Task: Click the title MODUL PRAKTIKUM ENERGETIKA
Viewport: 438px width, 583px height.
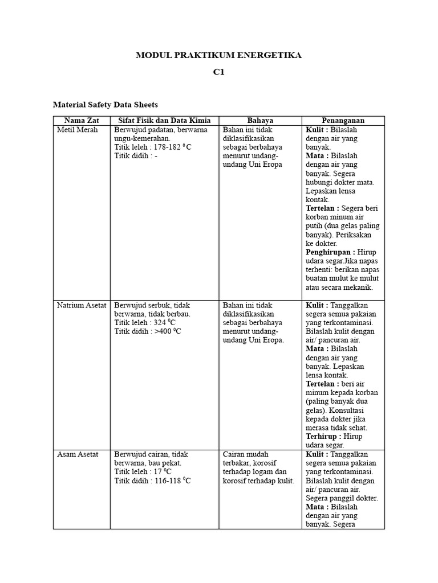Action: click(218, 55)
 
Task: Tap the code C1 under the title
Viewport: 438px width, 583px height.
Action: click(219, 73)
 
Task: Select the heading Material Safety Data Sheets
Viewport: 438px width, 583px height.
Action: click(105, 105)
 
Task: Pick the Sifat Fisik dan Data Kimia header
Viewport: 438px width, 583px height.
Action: click(164, 121)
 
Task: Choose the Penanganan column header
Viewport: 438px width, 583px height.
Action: click(343, 121)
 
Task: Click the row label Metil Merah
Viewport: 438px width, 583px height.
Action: click(78, 130)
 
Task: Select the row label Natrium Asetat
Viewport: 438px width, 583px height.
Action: click(82, 305)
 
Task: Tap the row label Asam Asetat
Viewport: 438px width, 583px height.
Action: click(78, 454)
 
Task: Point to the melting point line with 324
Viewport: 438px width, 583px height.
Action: click(147, 323)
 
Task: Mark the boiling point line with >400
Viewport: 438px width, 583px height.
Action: click(148, 331)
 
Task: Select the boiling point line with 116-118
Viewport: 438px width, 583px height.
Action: click(152, 481)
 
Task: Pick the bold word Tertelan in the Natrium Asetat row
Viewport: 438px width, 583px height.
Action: click(323, 384)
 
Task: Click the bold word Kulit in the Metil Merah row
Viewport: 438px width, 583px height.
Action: click(315, 130)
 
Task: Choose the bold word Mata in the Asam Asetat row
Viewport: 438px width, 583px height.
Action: click(315, 507)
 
